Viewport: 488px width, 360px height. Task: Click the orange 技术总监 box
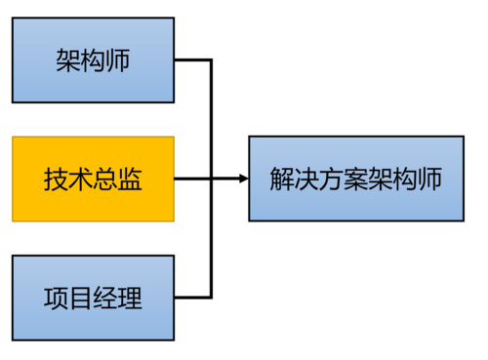[x=93, y=179]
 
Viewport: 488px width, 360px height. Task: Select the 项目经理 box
[x=93, y=297]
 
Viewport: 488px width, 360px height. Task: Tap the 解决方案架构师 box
[x=354, y=179]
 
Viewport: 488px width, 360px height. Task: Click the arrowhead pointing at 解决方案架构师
[x=243, y=179]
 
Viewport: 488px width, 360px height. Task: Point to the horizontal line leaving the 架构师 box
[x=193, y=60]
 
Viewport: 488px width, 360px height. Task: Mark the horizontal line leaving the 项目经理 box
[x=193, y=297]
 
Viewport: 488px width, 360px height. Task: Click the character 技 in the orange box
[x=57, y=180]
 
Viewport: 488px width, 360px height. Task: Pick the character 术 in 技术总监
[x=81, y=180]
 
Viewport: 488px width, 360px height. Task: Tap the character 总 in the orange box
[x=105, y=180]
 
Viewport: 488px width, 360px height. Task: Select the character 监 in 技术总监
[x=130, y=180]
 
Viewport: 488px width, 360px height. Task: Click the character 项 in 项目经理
[x=57, y=298]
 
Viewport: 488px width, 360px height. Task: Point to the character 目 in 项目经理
[x=81, y=298]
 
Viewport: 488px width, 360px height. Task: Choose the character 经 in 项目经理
[x=105, y=298]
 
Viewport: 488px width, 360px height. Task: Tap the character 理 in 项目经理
[x=130, y=298]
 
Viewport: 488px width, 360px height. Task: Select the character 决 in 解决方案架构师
[x=305, y=180]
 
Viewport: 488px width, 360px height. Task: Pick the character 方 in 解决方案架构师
[x=330, y=180]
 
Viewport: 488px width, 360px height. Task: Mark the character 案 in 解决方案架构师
[x=354, y=180]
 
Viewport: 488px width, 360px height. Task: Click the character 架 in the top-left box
[x=68, y=61]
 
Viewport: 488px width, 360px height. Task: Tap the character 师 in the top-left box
[x=117, y=61]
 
